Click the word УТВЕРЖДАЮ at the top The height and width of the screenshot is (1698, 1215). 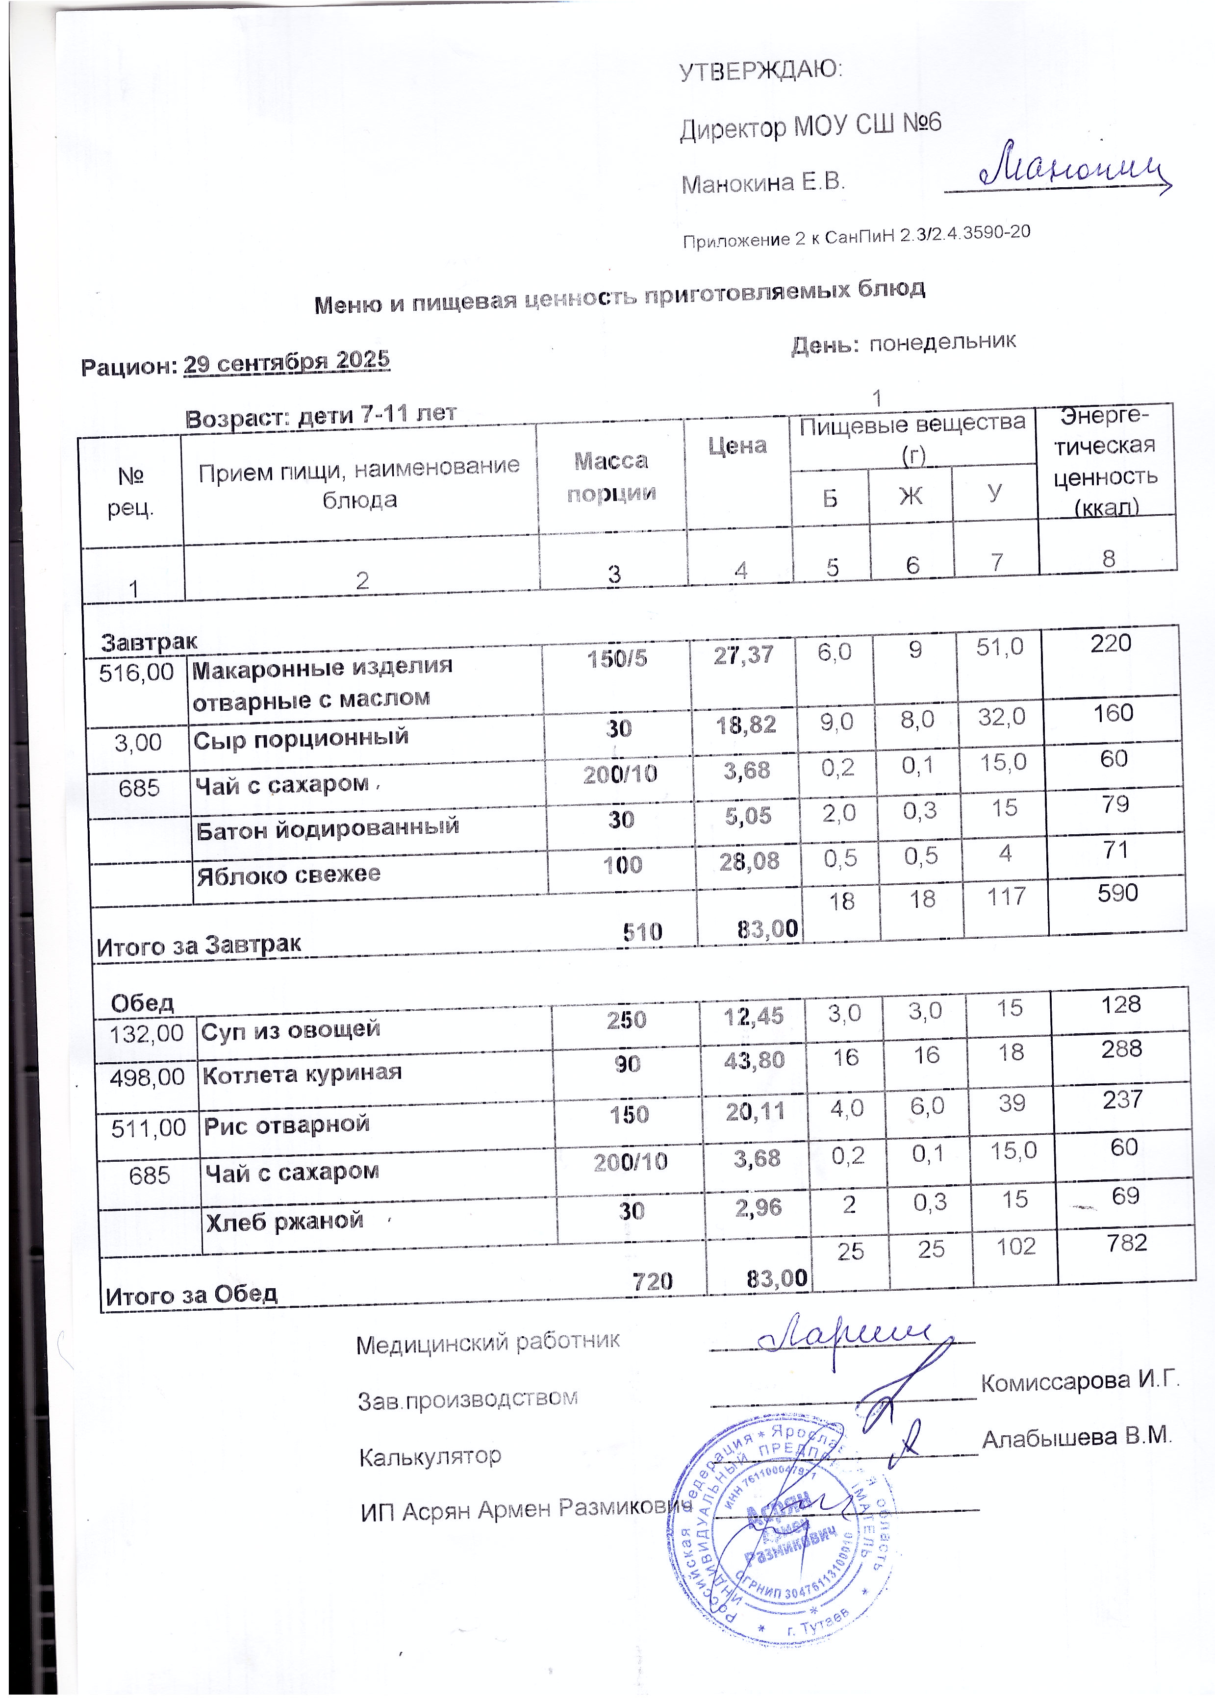tap(759, 71)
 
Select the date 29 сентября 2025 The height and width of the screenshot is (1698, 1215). tap(286, 363)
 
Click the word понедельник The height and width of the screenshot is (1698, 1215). tap(942, 342)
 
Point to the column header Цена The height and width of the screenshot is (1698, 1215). tap(737, 446)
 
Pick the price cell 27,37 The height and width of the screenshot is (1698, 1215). tap(743, 655)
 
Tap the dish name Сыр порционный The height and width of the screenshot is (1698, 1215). tap(301, 738)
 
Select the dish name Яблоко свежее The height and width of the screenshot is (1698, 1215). tap(289, 874)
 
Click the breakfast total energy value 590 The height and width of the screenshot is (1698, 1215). tap(1117, 893)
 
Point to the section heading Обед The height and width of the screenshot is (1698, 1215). tap(142, 1002)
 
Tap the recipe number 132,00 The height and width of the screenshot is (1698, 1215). tap(147, 1034)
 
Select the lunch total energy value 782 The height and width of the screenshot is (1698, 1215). tap(1127, 1243)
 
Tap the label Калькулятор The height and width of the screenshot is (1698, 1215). tap(430, 1455)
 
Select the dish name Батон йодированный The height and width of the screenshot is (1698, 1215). tap(327, 828)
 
